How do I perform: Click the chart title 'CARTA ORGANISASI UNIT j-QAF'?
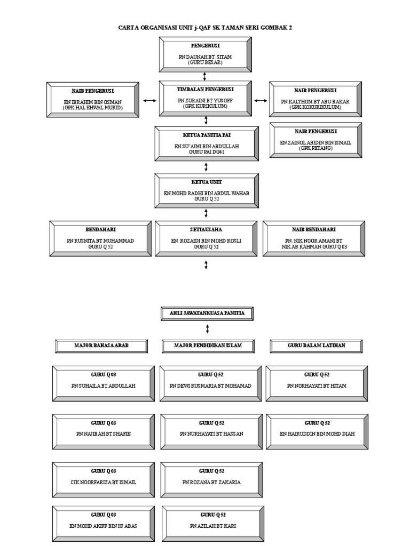point(205,27)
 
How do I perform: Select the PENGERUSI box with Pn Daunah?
point(205,54)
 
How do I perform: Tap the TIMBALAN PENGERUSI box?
point(205,98)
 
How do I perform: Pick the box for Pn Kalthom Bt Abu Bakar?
point(316,99)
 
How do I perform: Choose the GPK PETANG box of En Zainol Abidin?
point(316,140)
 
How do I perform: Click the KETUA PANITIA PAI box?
point(205,143)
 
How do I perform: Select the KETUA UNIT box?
point(205,190)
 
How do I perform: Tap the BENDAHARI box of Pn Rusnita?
point(100,238)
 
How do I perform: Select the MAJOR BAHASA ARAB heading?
point(101,346)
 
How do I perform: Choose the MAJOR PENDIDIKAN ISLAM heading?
point(208,346)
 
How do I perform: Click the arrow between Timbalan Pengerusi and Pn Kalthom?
point(261,100)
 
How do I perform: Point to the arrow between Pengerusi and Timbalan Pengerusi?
point(205,76)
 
